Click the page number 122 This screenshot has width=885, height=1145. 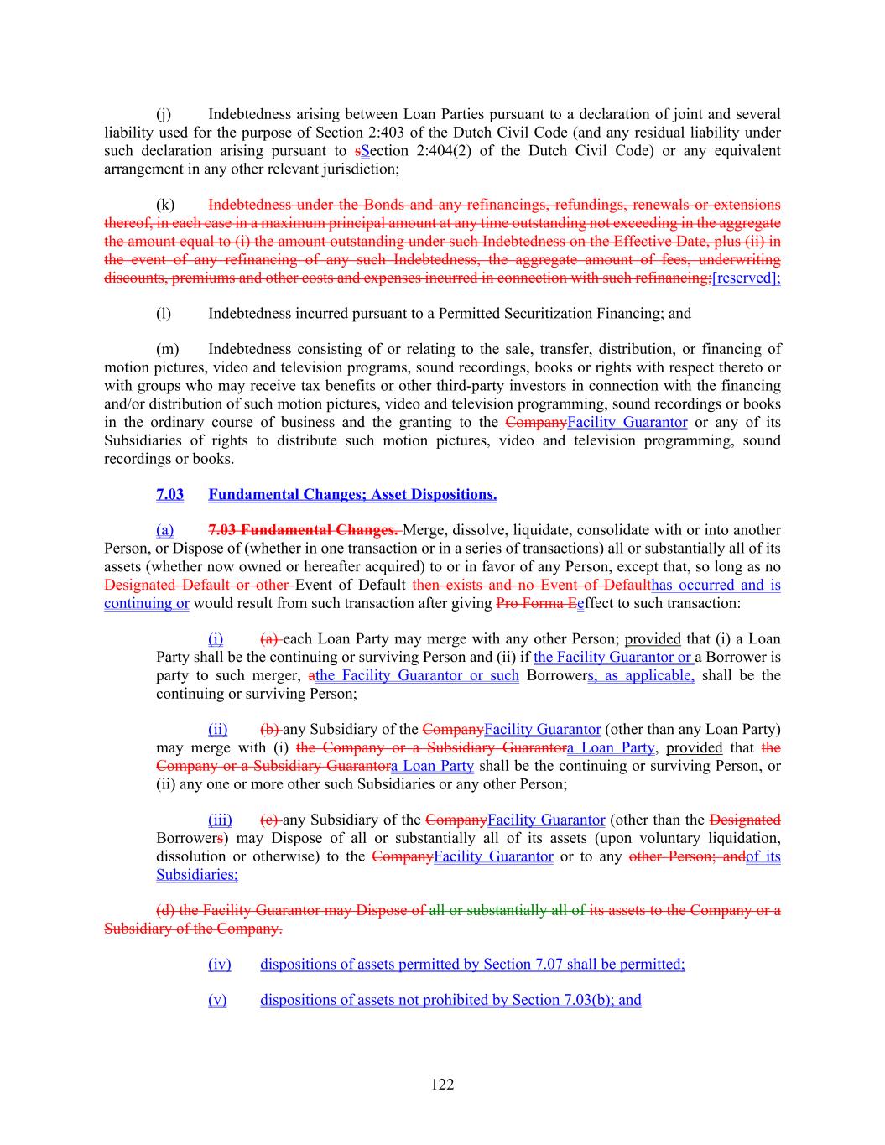pos(442,1085)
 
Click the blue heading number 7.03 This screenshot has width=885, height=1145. pos(169,495)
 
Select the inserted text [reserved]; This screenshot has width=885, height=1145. pos(746,278)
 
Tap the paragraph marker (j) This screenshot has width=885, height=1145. pos(164,114)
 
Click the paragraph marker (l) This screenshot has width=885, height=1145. pos(164,314)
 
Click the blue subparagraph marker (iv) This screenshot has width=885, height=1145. pos(219,965)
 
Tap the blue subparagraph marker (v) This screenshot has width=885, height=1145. pos(217,1000)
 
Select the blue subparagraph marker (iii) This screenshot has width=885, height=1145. pos(220,820)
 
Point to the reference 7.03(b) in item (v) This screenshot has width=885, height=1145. pos(590,1000)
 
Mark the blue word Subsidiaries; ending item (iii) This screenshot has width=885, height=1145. pos(197,875)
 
